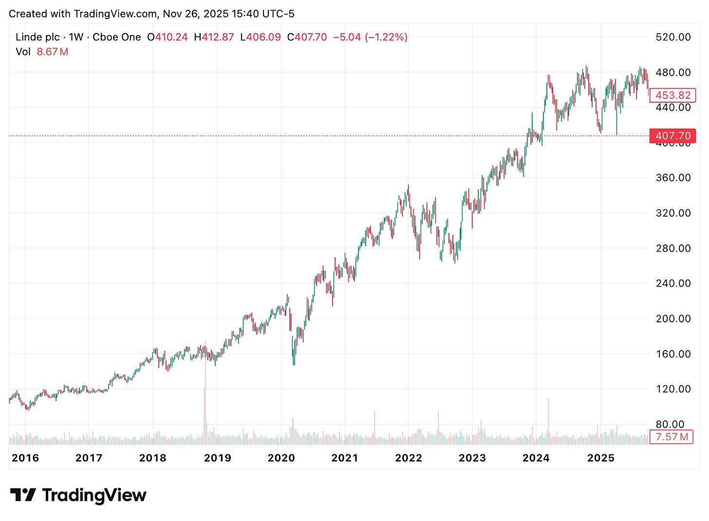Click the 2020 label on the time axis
pos(281,458)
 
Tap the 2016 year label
pos(25,458)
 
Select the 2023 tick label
pos(472,458)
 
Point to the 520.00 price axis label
pos(673,37)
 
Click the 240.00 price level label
pos(673,283)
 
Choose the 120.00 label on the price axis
pos(673,389)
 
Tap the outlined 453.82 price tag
pos(672,95)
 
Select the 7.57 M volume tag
pos(672,437)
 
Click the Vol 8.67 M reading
pos(42,52)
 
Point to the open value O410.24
pos(168,37)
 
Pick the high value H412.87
pos(214,37)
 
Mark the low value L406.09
pos(261,37)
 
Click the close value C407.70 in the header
pos(307,37)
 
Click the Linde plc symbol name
pos(38,37)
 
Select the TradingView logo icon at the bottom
pos(23,495)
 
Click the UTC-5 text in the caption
pos(279,14)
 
